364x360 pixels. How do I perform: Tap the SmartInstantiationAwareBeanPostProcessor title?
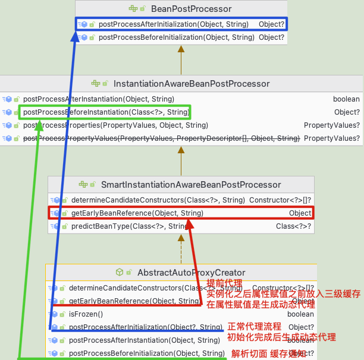click(191, 185)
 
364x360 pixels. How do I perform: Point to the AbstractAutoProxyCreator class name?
click(191, 273)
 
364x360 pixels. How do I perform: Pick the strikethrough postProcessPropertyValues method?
click(161, 138)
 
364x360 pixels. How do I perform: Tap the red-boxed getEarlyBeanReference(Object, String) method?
click(137, 213)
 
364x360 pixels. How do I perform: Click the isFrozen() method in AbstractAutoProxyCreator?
click(86, 314)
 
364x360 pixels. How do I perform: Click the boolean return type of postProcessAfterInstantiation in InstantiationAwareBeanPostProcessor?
click(346, 99)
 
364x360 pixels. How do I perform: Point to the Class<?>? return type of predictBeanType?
click(293, 226)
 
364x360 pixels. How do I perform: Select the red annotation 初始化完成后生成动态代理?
click(281, 337)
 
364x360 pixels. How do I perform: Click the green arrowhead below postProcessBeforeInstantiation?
click(39, 124)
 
